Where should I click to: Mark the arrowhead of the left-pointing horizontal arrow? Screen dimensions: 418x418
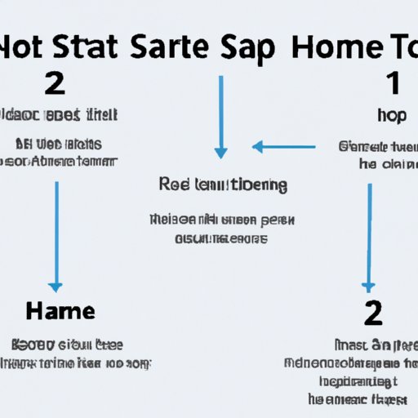click(x=256, y=147)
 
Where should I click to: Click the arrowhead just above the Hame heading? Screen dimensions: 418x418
click(x=56, y=287)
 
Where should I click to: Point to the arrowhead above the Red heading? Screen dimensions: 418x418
click(x=220, y=153)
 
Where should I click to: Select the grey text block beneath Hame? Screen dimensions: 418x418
click(x=80, y=353)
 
